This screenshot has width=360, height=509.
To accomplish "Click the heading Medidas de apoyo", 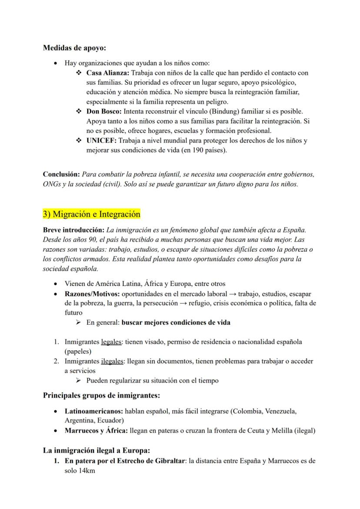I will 74,48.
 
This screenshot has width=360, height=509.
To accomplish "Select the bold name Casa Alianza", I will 107,73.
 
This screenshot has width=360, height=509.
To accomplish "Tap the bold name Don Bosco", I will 103,112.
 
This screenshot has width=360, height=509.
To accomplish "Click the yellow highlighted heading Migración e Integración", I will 91,214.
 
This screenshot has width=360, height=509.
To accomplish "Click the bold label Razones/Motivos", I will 92,294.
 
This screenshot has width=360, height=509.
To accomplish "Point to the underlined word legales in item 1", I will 112,342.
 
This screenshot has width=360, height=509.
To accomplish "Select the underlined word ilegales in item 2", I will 112,361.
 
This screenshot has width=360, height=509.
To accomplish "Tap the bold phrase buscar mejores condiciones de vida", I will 176,323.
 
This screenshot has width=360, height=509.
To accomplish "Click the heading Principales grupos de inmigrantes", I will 101,395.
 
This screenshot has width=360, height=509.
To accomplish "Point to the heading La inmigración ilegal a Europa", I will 97,450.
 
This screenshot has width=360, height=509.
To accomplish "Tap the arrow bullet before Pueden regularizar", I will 78,380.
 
